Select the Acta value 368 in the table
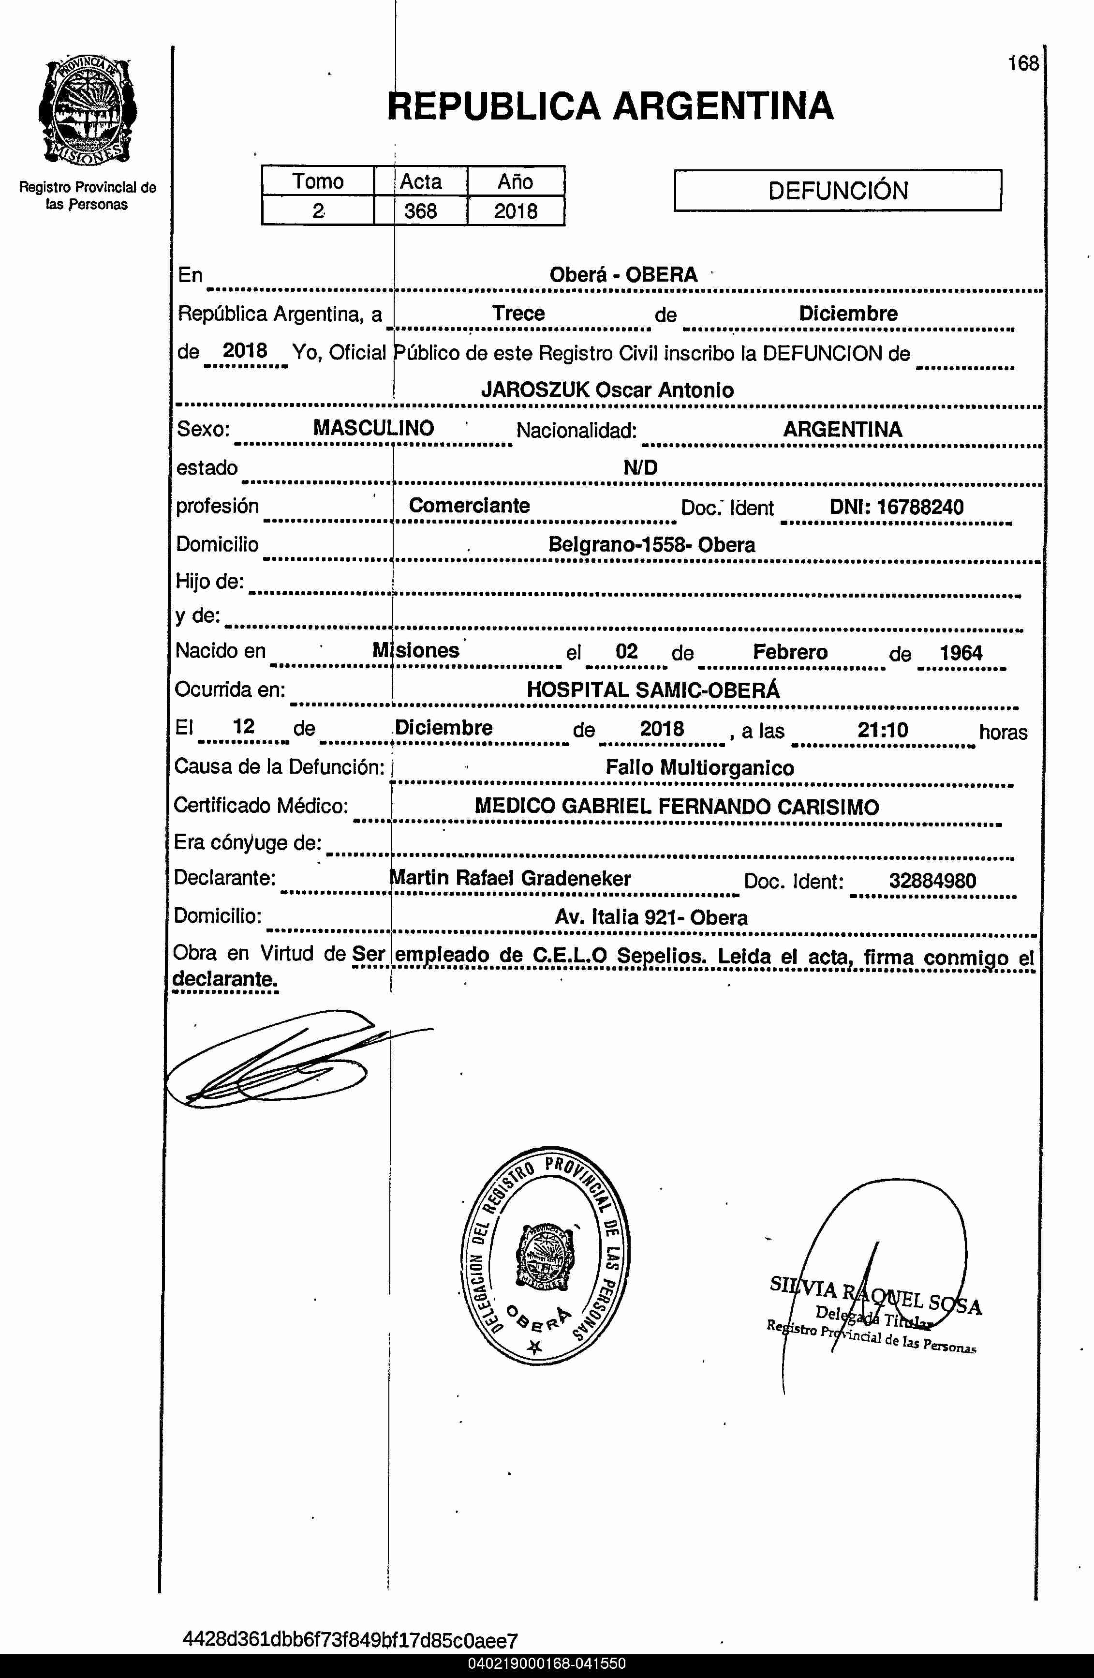[420, 211]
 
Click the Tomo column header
[318, 181]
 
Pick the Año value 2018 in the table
[515, 211]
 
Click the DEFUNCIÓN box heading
[837, 190]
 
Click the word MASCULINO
[373, 428]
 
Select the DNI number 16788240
[920, 507]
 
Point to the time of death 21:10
[883, 730]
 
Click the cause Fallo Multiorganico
[699, 768]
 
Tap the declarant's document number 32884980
[932, 881]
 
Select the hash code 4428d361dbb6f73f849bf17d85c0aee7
[350, 1639]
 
